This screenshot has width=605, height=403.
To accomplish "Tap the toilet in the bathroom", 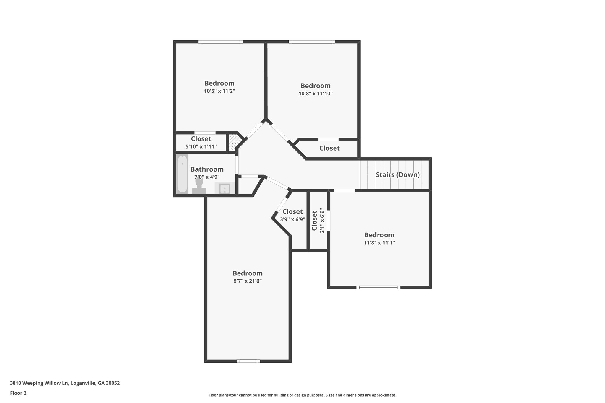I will click(x=199, y=187).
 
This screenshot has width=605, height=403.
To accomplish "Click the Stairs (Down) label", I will click(x=398, y=175).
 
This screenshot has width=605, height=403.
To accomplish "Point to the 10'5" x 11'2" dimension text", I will click(x=219, y=91).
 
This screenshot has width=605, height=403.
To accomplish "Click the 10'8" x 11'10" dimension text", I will click(x=315, y=94).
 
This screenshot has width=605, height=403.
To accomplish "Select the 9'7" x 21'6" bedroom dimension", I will click(x=248, y=281).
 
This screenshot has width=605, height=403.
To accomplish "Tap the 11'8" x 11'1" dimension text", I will click(x=379, y=243).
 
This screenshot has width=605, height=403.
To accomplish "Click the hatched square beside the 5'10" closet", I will click(x=234, y=143).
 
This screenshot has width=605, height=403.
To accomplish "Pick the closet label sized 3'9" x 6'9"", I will click(x=292, y=212).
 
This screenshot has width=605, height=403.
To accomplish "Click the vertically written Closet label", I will click(x=314, y=221).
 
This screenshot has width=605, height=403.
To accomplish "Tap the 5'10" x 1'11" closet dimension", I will click(x=201, y=146).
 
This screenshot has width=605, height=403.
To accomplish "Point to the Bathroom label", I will click(x=207, y=169).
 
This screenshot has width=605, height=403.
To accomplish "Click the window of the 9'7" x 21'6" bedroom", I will click(x=248, y=361).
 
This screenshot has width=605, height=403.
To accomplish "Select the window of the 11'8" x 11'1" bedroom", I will click(x=378, y=287).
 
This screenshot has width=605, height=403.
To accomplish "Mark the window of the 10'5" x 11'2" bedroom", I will click(x=220, y=42).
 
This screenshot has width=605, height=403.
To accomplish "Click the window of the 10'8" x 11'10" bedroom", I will click(x=312, y=42).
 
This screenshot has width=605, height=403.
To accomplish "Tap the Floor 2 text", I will click(x=18, y=393).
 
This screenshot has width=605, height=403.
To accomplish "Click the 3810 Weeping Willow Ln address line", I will click(x=65, y=383).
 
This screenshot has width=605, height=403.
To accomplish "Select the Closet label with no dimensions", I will click(x=329, y=148).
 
